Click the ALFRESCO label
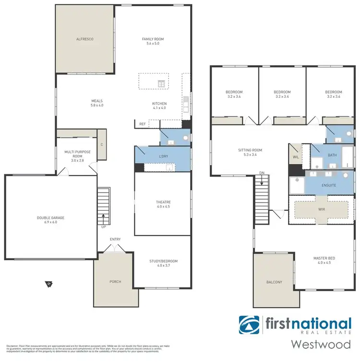point(85,39)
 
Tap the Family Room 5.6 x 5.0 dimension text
point(153,44)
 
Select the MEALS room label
point(97,101)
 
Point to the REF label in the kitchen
point(142,124)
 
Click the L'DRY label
point(163,157)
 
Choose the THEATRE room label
point(163,202)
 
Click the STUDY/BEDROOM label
point(163,261)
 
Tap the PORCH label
point(115,281)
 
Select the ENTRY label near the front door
point(115,239)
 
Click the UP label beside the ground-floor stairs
point(103,227)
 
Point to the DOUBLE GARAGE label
point(50,217)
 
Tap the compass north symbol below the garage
point(49,284)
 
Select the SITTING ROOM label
point(250,150)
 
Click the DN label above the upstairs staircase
point(261,172)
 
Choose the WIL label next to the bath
point(295,157)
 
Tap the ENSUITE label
point(328,185)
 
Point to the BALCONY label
point(273,282)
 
